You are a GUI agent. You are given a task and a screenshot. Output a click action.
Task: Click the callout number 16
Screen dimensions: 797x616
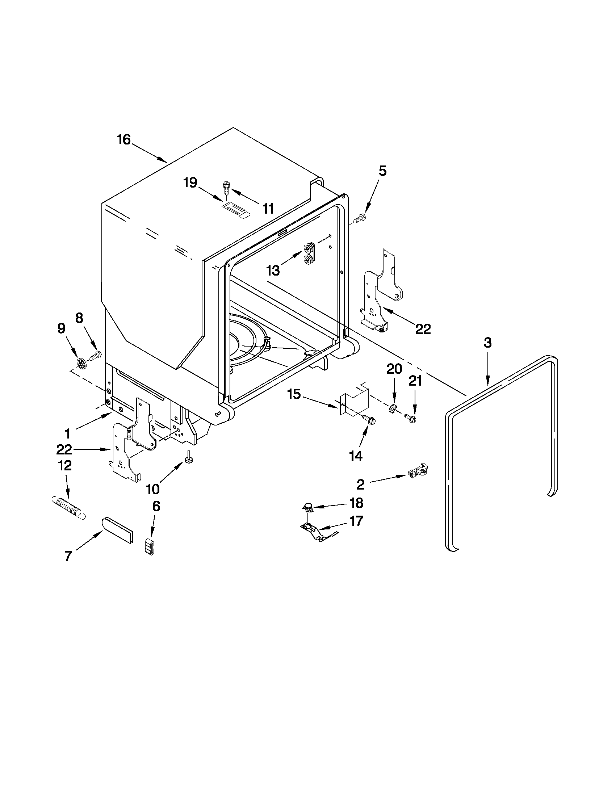124,139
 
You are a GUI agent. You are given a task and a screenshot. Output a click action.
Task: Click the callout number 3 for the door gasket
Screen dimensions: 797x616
487,343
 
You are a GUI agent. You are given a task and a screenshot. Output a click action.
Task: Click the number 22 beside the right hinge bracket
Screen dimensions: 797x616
423,329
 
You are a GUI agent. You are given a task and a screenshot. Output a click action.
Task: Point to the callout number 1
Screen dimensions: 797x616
67,433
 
